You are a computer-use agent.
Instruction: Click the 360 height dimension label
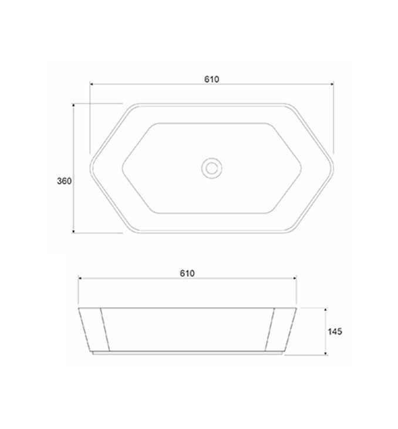tap(64, 181)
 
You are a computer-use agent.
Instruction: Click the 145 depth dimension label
tap(335, 331)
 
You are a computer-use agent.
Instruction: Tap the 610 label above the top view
tap(211, 79)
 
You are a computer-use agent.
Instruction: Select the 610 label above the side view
tap(187, 273)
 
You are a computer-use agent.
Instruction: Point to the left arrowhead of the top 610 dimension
tap(92, 84)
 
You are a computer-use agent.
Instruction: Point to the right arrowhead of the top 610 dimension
tap(332, 84)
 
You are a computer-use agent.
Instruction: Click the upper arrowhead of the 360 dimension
tap(73, 105)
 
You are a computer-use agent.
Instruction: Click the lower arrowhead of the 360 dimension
tap(73, 232)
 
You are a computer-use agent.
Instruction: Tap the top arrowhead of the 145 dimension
tap(325, 310)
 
